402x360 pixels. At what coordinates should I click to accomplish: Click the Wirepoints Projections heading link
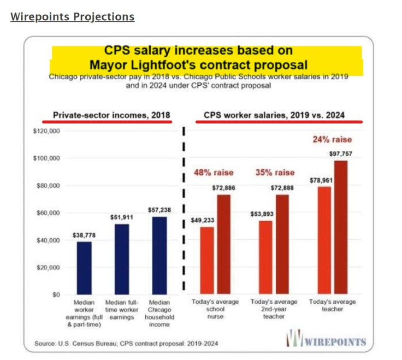tap(72, 16)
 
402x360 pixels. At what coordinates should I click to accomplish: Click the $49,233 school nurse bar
tap(207, 261)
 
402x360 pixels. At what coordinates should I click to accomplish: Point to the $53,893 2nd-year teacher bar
tap(265, 257)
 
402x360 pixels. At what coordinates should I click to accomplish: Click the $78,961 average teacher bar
tap(324, 240)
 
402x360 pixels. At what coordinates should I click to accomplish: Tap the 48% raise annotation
tap(214, 173)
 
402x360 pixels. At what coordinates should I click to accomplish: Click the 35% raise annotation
tap(274, 173)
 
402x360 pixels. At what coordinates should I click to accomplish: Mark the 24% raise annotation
tap(332, 139)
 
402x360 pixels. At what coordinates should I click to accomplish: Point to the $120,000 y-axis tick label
tap(46, 132)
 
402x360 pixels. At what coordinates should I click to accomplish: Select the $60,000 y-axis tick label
tap(48, 213)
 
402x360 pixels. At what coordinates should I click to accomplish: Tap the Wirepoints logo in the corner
tap(326, 341)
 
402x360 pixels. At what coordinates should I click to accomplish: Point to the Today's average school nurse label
tap(215, 309)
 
